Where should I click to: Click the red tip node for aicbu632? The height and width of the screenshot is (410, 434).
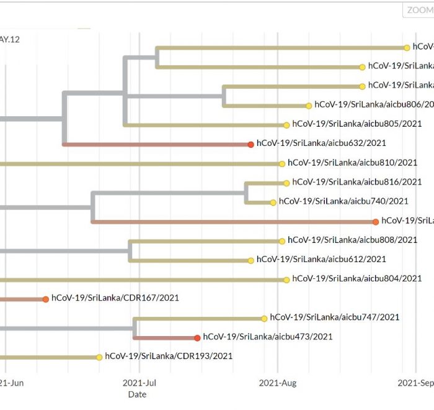click(250, 144)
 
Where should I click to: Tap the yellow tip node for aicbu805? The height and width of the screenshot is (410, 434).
click(286, 125)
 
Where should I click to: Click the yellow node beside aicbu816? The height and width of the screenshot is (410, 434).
click(286, 183)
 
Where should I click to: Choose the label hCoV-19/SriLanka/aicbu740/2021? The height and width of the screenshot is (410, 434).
click(343, 201)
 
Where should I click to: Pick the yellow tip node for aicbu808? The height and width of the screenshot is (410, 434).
click(282, 240)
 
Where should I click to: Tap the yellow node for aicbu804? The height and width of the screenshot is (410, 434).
click(286, 280)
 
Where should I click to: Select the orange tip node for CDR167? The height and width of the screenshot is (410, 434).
click(45, 299)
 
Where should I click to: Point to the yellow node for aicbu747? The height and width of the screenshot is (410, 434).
click(264, 318)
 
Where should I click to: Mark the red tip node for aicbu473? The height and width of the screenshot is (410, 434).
click(197, 338)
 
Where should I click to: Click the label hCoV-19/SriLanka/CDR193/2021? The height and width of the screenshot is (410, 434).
click(169, 357)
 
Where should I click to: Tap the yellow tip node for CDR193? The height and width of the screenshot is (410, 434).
click(99, 357)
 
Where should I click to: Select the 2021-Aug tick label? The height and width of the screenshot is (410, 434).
click(278, 383)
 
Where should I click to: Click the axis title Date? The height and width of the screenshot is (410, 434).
click(137, 394)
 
